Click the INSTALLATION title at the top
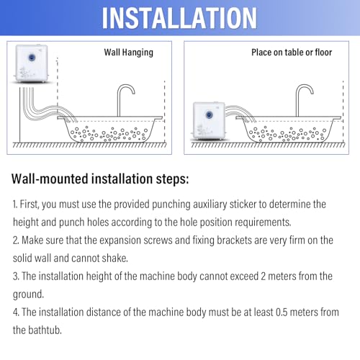tap(179, 17)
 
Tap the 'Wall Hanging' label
tap(129, 53)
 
